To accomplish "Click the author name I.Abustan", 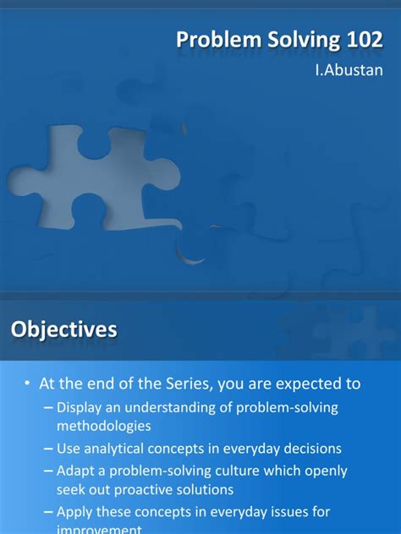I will coord(349,70).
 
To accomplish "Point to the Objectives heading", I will coord(63,330).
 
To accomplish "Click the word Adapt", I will coord(77,471).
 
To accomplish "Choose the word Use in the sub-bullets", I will coord(69,448).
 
